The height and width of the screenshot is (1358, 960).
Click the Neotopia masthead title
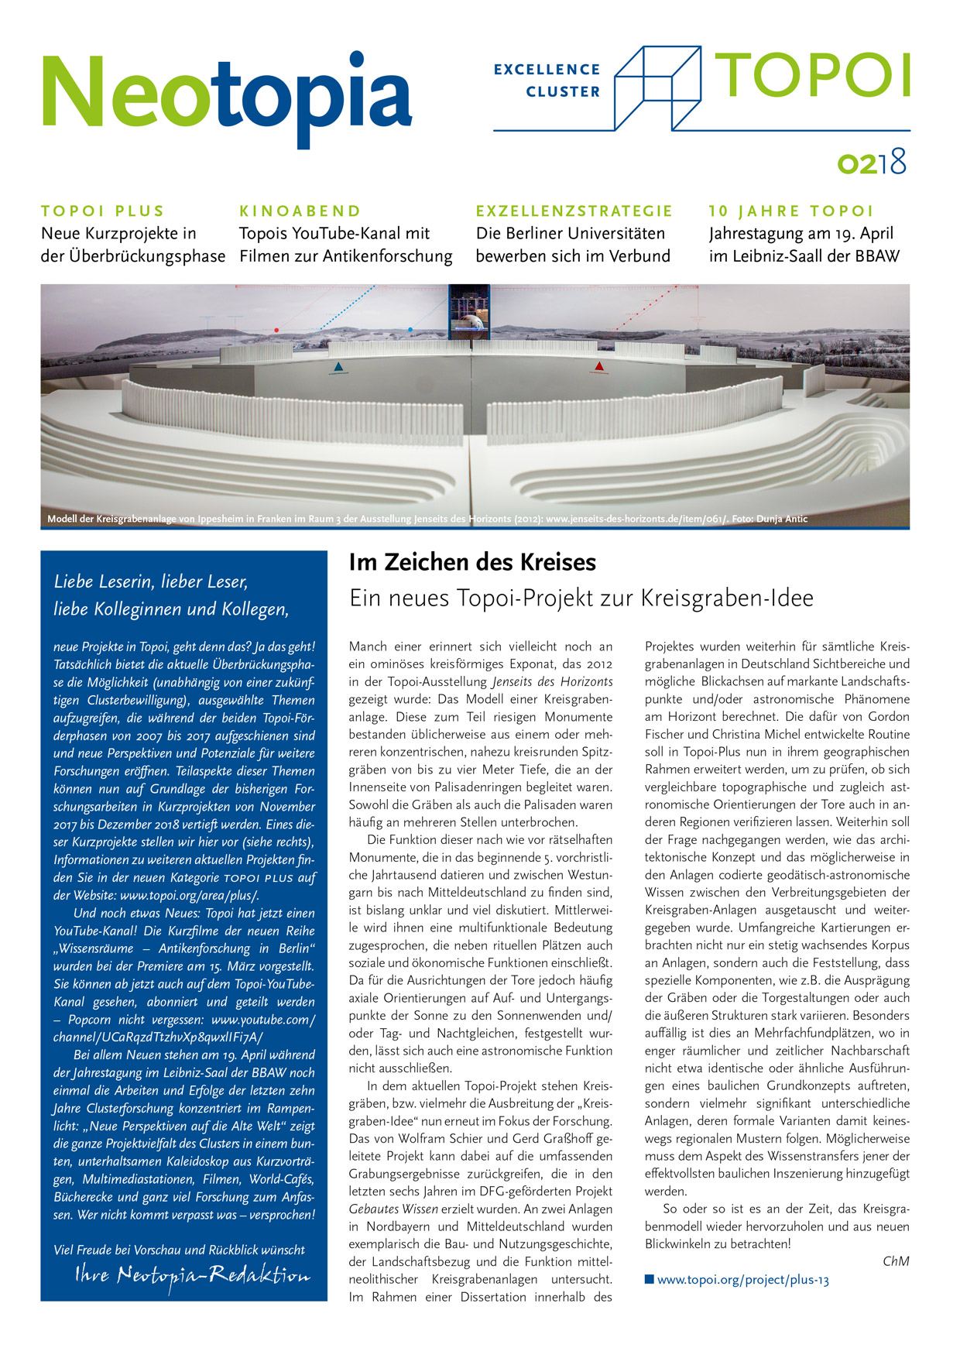pos(226,94)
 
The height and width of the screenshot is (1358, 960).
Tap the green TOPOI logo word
pos(812,76)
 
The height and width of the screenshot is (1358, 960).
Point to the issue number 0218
pos(872,163)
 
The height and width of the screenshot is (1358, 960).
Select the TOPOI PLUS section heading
pos(102,211)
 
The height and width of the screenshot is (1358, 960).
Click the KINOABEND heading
pos(300,211)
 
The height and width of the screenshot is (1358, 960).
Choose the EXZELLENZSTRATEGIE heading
pos(574,211)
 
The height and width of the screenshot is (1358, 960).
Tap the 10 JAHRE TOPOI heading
pos(790,211)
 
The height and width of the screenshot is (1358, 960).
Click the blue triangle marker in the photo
pos(338,367)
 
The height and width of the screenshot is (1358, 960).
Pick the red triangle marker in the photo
pos(599,366)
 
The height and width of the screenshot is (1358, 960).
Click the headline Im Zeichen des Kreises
pos(472,562)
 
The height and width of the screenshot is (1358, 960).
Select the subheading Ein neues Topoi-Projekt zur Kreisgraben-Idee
pos(581,598)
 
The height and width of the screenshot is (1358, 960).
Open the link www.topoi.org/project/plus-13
pos(742,1280)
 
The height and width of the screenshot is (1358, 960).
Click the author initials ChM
pos(896,1261)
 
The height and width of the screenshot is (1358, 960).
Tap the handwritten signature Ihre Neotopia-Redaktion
pos(193,1275)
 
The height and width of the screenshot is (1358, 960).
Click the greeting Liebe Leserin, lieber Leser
pos(151,581)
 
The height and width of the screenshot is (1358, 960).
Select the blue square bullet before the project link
pos(650,1279)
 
